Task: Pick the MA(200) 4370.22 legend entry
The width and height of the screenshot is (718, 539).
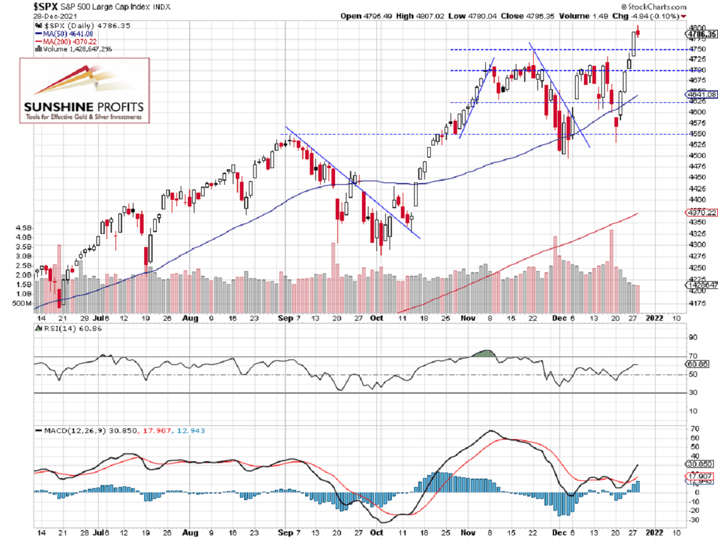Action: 66,41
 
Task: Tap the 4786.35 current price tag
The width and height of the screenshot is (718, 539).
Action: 701,35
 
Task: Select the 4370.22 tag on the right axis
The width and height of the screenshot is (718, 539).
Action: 700,212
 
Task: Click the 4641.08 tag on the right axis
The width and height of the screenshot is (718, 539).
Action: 700,95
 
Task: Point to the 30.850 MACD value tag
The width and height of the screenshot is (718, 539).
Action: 700,464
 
